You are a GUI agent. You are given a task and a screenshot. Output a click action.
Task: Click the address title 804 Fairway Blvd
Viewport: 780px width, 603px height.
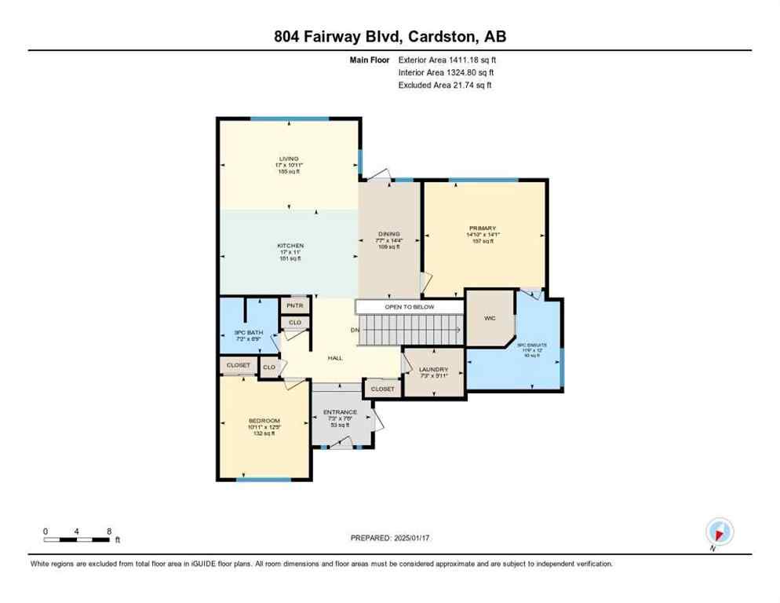point(389,37)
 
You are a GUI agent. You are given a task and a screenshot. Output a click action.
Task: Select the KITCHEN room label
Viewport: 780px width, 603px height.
point(290,246)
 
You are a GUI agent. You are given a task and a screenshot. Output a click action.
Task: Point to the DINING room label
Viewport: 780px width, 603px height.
point(388,234)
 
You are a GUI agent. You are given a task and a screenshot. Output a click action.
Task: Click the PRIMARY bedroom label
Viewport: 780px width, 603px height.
point(483,228)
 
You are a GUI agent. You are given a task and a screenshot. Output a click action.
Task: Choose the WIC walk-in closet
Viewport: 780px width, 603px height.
point(490,318)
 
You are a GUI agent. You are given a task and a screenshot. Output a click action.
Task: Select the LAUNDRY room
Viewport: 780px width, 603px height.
point(432,370)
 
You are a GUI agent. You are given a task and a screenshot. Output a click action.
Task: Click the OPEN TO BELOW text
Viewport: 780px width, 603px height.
point(409,307)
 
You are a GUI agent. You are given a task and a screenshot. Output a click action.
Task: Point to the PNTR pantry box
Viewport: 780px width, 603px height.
point(295,305)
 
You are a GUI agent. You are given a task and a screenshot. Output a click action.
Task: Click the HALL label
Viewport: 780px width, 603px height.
point(335,357)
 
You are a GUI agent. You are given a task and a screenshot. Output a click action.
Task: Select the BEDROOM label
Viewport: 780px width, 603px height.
point(264,422)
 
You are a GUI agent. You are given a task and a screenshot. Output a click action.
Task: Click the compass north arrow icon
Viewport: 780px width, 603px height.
point(719,532)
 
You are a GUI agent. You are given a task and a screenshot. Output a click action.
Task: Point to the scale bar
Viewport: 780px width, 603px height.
point(77,539)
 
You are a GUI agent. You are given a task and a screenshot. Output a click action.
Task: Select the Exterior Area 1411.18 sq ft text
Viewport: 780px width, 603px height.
point(447,59)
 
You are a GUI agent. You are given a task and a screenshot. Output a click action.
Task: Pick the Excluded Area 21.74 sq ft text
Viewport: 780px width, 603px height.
point(445,85)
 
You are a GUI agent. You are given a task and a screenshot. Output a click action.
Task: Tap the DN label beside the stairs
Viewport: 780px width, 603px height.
point(355,330)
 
